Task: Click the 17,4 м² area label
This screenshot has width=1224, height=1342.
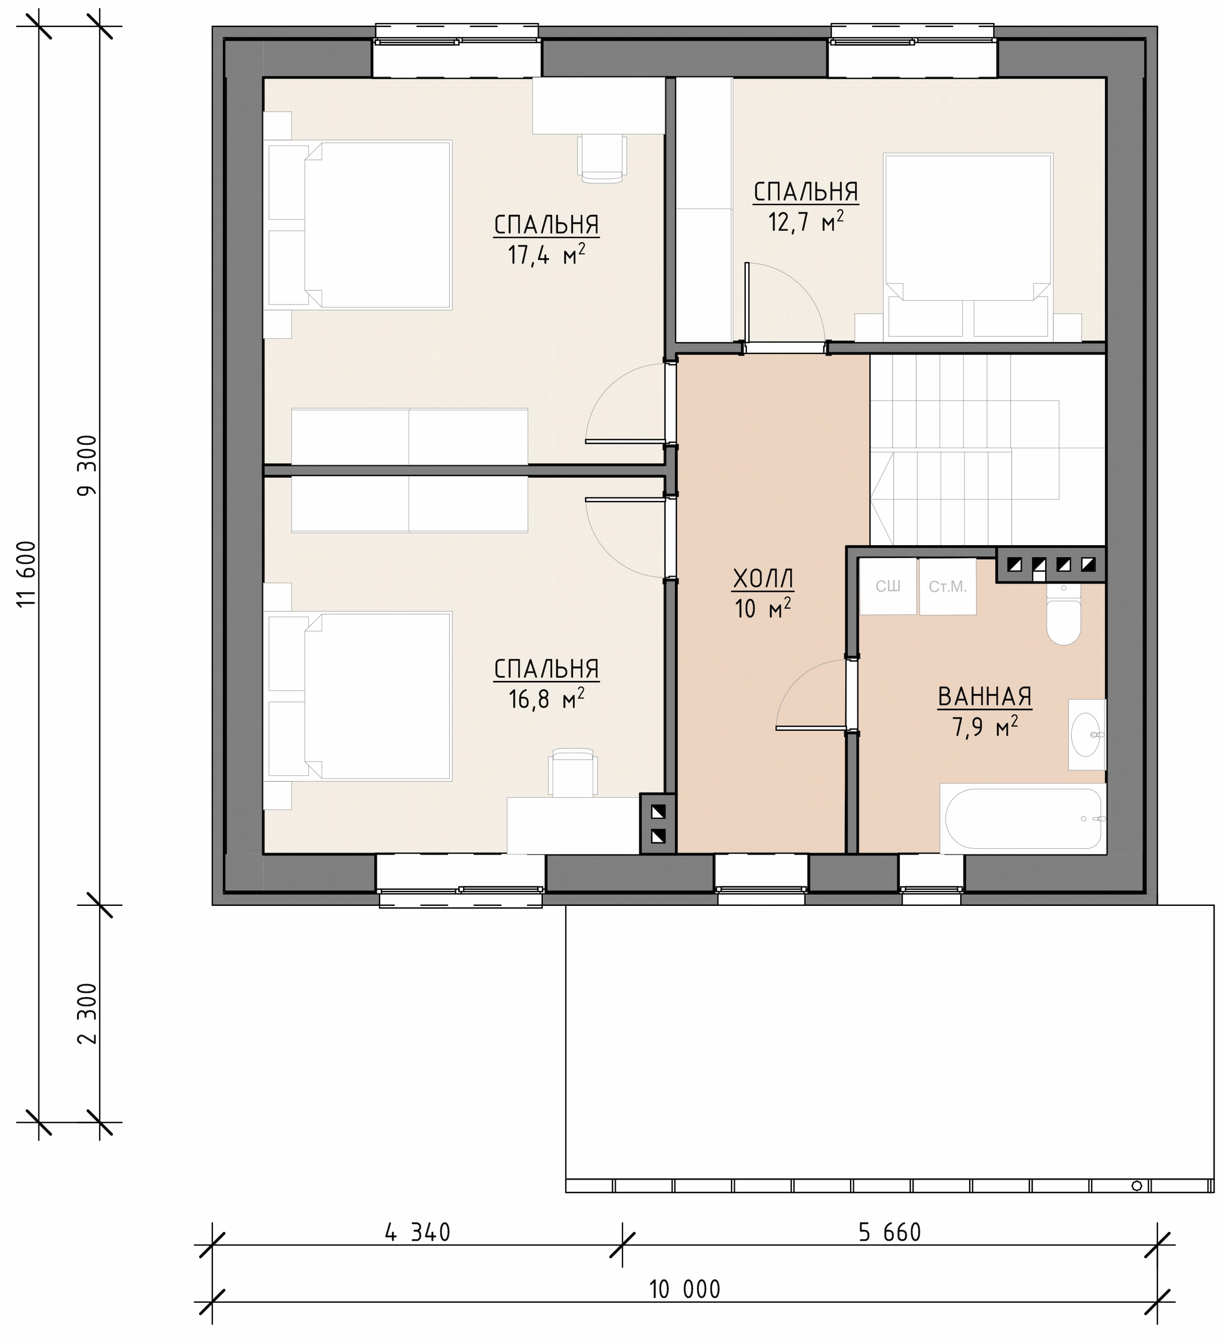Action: coord(547,254)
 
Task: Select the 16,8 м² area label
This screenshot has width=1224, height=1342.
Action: coord(547,699)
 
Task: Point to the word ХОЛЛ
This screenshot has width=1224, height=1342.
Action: coord(763,580)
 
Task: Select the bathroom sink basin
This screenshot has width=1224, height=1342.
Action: coord(1086,735)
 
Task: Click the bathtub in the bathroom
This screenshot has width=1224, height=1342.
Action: coord(1022,819)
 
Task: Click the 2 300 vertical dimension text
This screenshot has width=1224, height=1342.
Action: coord(87,1014)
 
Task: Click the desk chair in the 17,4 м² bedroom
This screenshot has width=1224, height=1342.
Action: coord(602,158)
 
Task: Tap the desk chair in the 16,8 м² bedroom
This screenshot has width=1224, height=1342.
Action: coord(572,772)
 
